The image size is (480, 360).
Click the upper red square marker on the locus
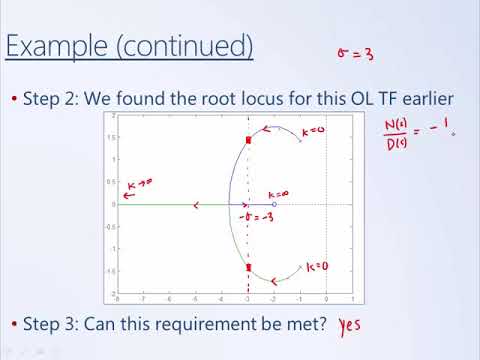pos(248,140)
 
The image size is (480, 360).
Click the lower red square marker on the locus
pos(248,267)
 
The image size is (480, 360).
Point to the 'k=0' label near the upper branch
pos(314,131)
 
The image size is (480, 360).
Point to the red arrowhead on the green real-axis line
pos(196,205)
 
